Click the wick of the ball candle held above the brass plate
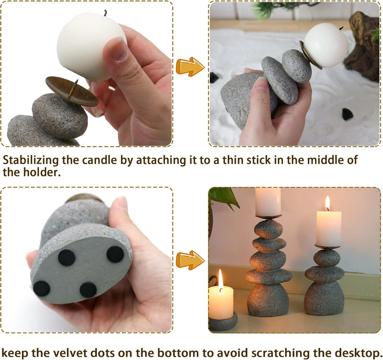pos(105,13)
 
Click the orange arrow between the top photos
pos(190,67)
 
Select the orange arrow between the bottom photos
pos(190,260)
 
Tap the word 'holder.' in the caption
pos(42,172)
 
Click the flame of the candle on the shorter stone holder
pos(327,203)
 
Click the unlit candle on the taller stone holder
pos(268,202)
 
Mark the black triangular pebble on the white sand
pos(347,114)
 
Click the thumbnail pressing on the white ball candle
pos(118,49)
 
